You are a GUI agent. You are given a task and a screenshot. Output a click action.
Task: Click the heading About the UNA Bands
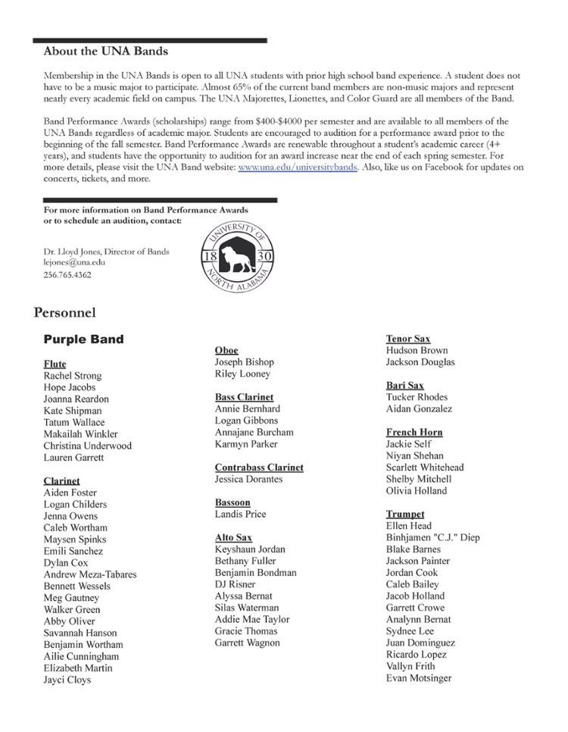[x=105, y=52]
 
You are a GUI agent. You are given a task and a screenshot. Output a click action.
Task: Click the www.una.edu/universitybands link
[x=297, y=167]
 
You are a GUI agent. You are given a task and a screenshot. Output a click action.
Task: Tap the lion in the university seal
[x=236, y=258]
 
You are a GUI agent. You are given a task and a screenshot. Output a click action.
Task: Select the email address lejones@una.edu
[x=74, y=262]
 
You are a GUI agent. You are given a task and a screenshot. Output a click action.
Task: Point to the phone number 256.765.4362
[x=67, y=274]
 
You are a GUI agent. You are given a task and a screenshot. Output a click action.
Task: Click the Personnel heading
[x=64, y=312]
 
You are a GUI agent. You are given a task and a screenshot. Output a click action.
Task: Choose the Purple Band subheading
[x=83, y=339]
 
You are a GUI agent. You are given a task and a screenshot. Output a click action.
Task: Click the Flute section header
[x=55, y=364]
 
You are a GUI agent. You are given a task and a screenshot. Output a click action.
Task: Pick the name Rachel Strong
[x=72, y=376]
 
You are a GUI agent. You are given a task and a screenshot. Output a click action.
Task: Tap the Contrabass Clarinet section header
[x=259, y=468]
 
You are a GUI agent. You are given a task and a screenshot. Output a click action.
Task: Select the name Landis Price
[x=240, y=515]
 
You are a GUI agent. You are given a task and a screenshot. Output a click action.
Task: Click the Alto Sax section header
[x=233, y=537]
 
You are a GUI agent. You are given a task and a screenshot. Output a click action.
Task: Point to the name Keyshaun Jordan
[x=250, y=549]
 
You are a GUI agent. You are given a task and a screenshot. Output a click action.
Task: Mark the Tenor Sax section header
[x=407, y=339]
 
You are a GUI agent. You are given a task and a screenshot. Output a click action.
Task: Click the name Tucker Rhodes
[x=417, y=397]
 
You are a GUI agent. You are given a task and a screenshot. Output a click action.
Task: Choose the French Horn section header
[x=414, y=432]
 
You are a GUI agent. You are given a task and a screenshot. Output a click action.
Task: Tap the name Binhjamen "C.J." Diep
[x=432, y=538]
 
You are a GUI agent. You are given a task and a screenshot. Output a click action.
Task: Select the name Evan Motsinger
[x=419, y=678]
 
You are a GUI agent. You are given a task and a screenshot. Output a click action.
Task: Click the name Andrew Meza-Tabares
[x=90, y=574]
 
